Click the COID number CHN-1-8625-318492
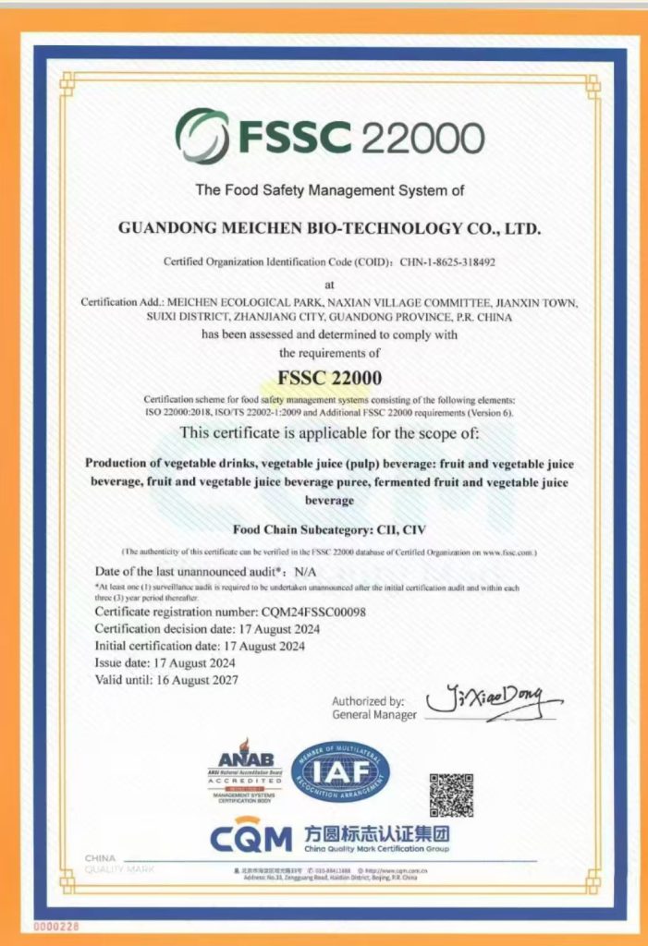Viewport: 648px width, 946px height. pos(447,261)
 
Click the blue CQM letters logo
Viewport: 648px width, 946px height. pos(250,838)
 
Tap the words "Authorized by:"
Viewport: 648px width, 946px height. pos(368,700)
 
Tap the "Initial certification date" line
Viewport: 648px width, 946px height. pos(200,645)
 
